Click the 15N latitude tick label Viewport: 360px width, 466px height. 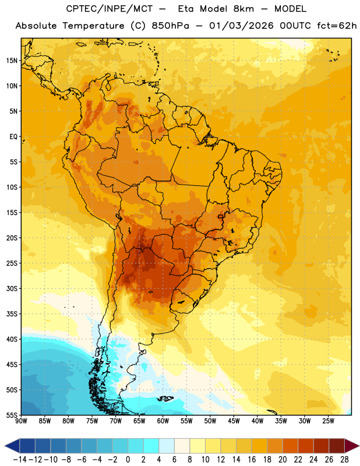tap(12, 61)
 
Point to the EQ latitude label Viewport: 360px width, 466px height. tap(13, 137)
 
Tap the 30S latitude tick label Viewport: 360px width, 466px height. tap(12, 288)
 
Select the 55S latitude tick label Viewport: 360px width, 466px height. tap(12, 415)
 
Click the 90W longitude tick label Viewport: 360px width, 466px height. tap(21, 421)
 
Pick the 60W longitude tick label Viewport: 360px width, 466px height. tap(163, 421)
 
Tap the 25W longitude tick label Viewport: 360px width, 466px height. tap(328, 421)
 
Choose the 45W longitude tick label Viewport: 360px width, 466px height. tap(234, 421)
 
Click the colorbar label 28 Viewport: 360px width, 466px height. tap(344, 460)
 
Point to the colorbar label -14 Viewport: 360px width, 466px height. tap(20, 460)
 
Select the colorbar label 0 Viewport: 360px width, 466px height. tap(128, 460)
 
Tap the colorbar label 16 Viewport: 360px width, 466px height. tap(252, 460)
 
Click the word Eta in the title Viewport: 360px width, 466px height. tap(185, 9)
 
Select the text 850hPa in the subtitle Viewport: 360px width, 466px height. tap(170, 26)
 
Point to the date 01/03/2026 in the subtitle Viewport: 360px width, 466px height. tap(241, 26)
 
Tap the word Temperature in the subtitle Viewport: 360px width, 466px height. tap(93, 26)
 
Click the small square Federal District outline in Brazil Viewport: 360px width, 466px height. tap(220, 216)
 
